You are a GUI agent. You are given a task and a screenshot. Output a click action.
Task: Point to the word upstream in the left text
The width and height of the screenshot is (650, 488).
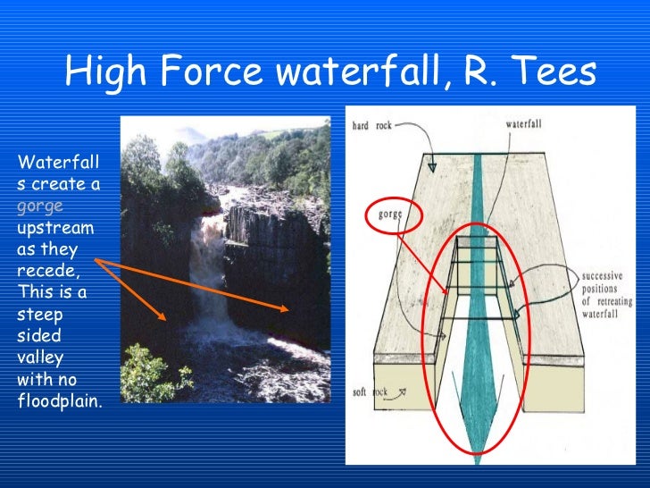[x=55, y=227]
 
